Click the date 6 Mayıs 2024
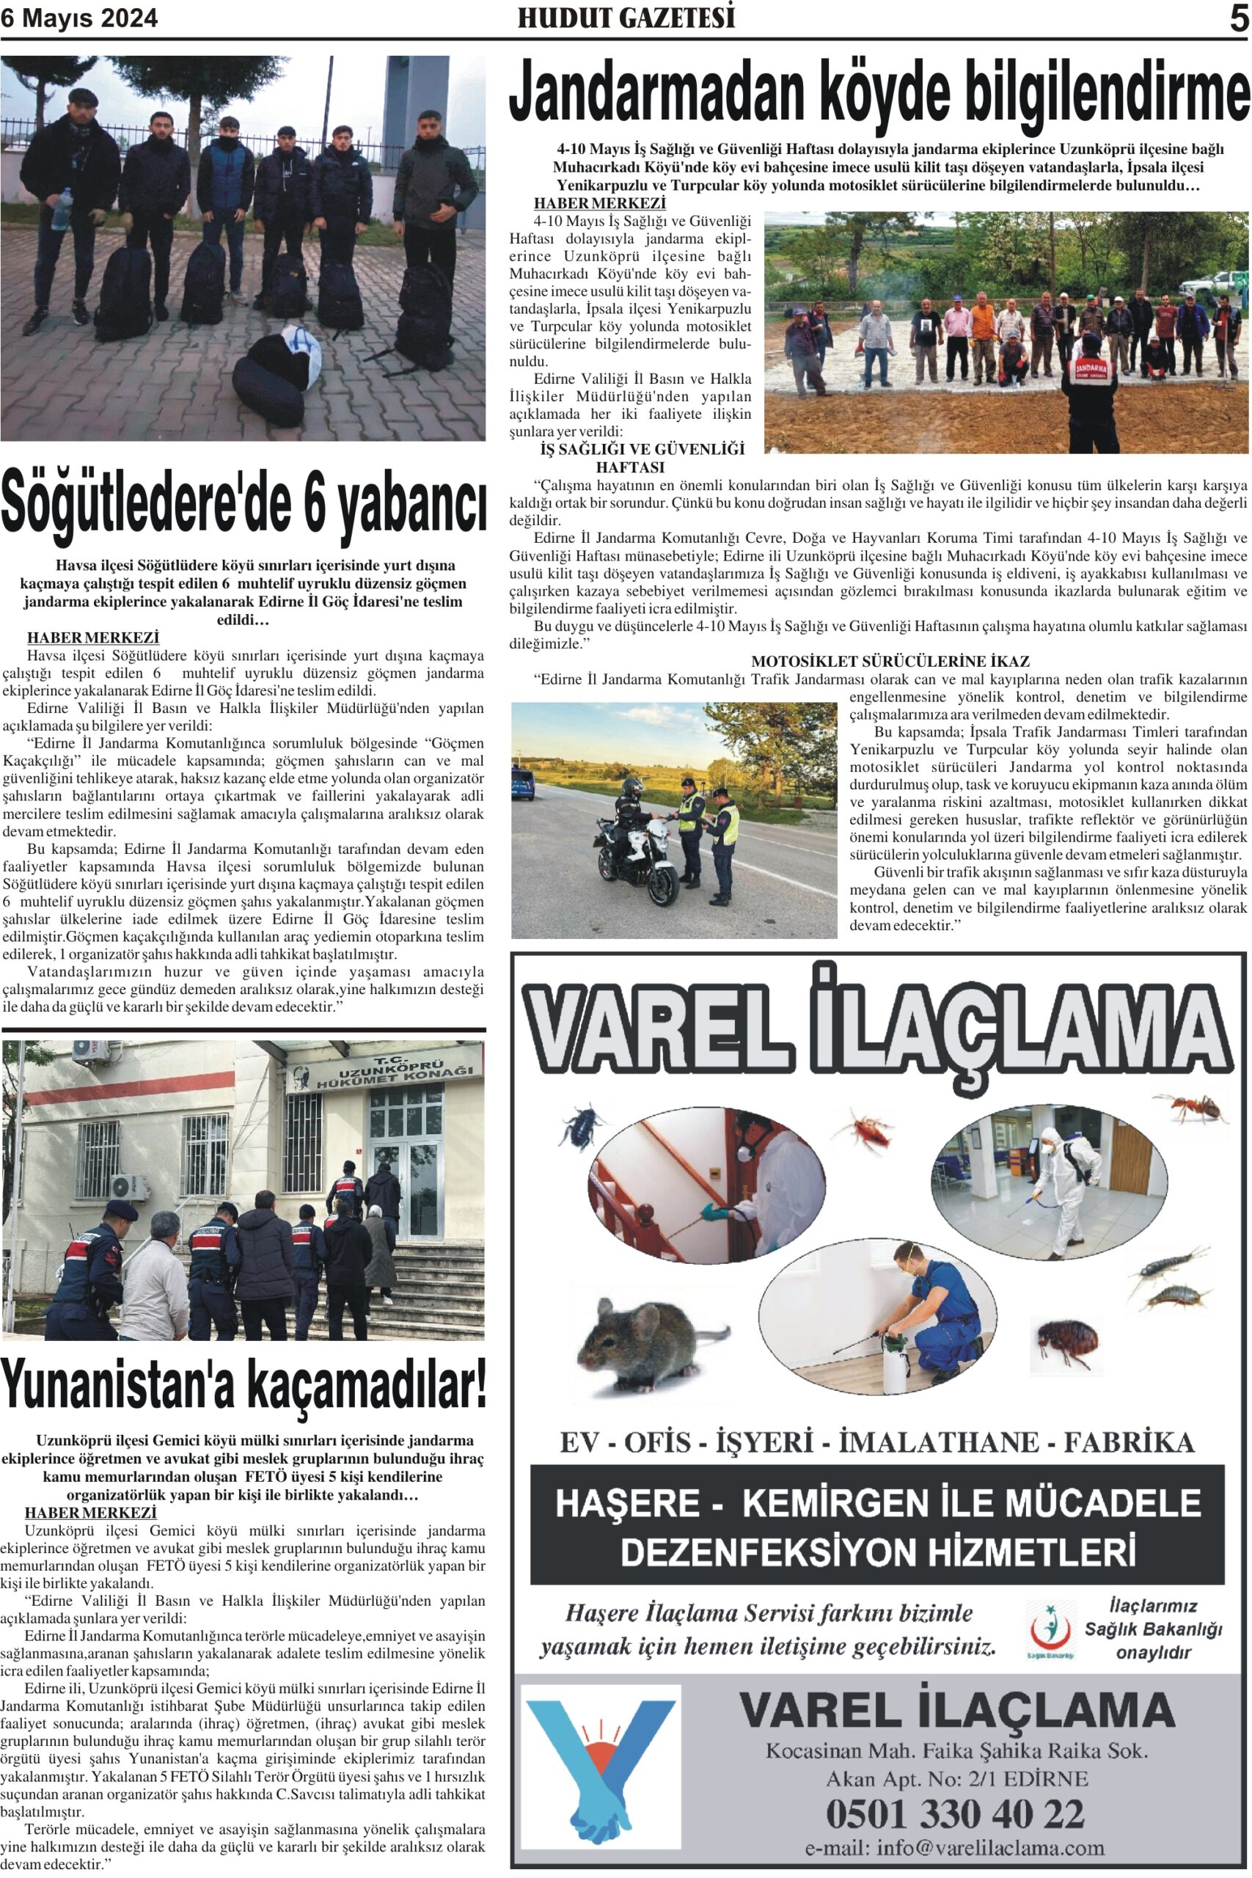click(79, 18)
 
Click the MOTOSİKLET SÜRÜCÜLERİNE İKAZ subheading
click(890, 661)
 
